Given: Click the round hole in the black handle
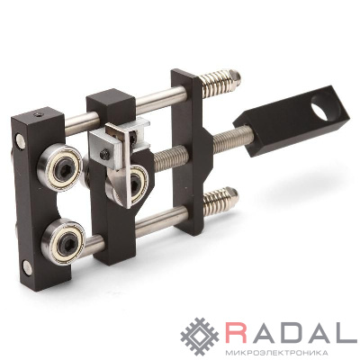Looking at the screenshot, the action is click(325, 107).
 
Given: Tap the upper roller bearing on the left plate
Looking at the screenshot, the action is click(60, 167).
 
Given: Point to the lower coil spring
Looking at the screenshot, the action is click(218, 200).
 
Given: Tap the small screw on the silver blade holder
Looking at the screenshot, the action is click(104, 156).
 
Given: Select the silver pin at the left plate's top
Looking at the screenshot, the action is click(21, 141).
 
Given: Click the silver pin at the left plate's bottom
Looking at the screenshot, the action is click(27, 268).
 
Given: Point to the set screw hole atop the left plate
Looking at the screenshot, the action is click(38, 114).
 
